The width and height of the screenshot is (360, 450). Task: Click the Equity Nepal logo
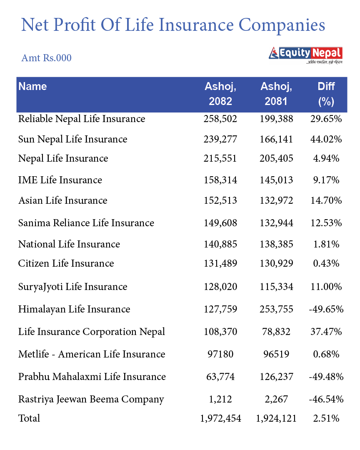tap(306, 54)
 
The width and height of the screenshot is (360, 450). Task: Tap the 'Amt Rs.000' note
tap(46, 58)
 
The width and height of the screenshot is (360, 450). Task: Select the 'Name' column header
tap(32, 87)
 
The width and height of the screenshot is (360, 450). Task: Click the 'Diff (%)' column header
tap(326, 94)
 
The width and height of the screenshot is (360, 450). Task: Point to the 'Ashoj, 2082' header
tap(220, 94)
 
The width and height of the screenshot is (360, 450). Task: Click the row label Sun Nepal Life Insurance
tap(72, 139)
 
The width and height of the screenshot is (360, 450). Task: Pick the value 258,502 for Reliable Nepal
tap(220, 119)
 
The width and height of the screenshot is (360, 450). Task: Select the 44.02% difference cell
tap(326, 139)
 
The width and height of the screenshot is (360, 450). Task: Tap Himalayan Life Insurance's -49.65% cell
tap(326, 309)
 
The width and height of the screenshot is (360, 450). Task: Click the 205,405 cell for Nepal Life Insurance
tap(276, 158)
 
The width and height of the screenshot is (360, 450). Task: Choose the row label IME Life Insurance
tap(60, 180)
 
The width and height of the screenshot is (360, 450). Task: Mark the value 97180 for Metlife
tap(220, 354)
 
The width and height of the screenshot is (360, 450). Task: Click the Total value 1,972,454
tap(220, 418)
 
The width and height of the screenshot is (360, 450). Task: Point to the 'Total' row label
tap(29, 418)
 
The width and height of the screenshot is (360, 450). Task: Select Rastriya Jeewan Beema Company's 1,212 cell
tap(220, 399)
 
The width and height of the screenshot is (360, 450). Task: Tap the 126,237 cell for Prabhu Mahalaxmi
tap(276, 377)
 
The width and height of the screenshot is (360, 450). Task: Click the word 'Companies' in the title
tap(282, 25)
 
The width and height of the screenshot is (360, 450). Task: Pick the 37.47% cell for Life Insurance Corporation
tap(326, 332)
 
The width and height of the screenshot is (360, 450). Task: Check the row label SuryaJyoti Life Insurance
tap(72, 287)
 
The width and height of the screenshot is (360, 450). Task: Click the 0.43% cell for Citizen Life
tap(326, 263)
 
